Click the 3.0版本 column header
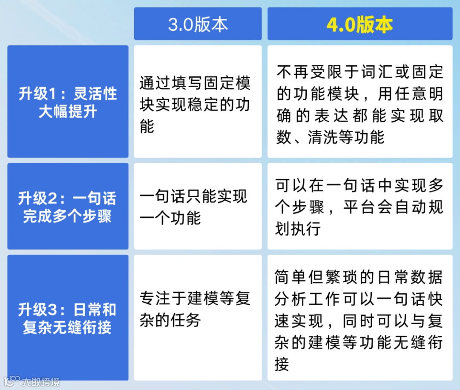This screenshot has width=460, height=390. (198, 24)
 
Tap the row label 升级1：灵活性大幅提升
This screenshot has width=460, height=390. (68, 102)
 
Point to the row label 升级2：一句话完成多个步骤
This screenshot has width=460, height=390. (68, 207)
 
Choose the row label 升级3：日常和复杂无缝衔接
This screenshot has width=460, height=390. (68, 318)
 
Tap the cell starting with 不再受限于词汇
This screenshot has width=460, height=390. (359, 105)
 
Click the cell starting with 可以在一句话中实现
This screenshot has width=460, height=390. (359, 207)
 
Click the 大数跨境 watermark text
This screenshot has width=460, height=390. (41, 381)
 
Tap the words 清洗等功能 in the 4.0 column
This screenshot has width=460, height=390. (346, 137)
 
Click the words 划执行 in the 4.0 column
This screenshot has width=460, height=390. (297, 229)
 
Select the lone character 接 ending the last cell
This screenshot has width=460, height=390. (282, 364)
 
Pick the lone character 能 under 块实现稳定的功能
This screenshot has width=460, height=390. (147, 127)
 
